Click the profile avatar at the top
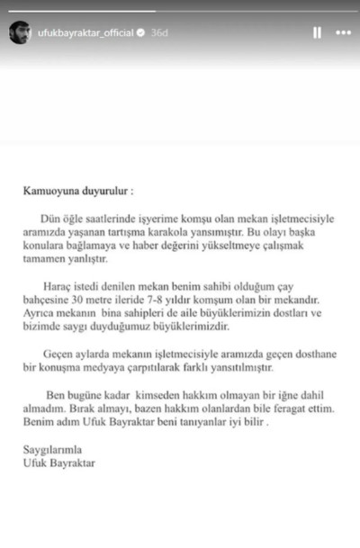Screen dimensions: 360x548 tap(18, 32)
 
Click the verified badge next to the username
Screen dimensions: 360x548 tap(140, 32)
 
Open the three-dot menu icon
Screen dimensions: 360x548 tap(342, 32)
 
